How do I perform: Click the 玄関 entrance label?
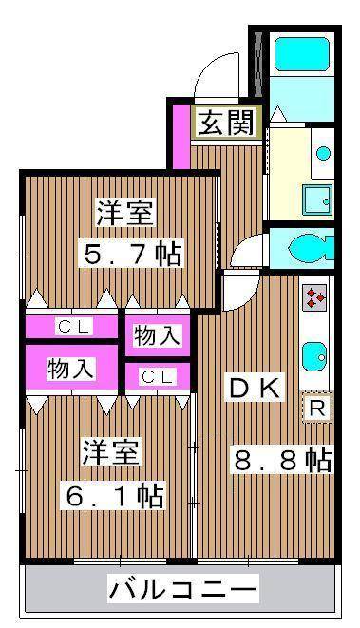tap(225, 123)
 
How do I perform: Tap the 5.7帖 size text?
tap(130, 254)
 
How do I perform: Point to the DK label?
tap(253, 387)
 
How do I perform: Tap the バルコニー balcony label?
tap(182, 590)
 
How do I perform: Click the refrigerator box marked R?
tap(317, 408)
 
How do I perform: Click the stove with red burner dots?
tap(315, 299)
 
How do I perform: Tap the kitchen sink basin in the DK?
tap(315, 358)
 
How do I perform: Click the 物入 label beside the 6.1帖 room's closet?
tap(70, 368)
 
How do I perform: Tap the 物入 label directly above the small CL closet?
tap(158, 335)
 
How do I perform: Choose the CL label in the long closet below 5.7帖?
tap(73, 326)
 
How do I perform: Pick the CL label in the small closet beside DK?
tap(158, 377)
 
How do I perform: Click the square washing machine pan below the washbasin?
tap(317, 199)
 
